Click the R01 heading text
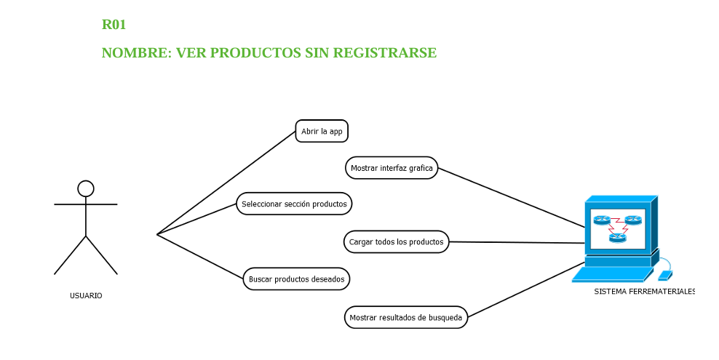click(114, 25)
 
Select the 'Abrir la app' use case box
click(322, 132)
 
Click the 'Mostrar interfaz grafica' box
click(392, 168)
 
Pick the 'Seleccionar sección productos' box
click(294, 204)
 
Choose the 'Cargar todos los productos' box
click(396, 242)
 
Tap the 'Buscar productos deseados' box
click(296, 279)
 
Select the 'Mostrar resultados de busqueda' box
click(405, 318)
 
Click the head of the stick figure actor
click(86, 189)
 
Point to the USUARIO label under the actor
click(86, 296)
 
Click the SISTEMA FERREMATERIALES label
click(644, 292)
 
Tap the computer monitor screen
click(618, 226)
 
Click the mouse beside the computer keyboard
click(665, 276)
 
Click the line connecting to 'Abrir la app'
click(226, 183)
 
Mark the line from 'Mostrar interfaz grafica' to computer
click(509, 197)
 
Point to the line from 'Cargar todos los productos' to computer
click(517, 243)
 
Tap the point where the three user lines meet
click(157, 234)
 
